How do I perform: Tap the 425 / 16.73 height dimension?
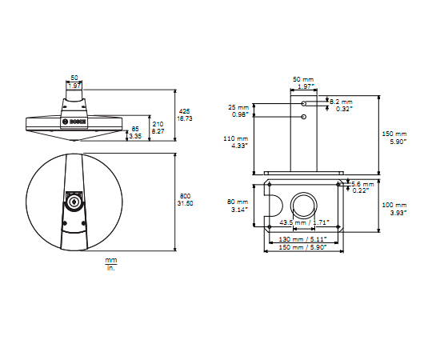pos(184,114)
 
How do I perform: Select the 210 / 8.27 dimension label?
pos(158,127)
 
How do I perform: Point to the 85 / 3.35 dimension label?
pos(135,133)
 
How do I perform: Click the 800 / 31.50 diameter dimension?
pos(185,200)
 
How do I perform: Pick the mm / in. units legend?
pos(110,264)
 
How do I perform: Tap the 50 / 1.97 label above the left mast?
pos(74,82)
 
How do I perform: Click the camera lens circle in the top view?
pos(74,202)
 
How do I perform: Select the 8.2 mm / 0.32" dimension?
pos(341,106)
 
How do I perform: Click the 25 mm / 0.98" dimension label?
pos(238,110)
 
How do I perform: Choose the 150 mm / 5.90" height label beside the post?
pos(394,137)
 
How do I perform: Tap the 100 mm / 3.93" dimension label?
pos(394,209)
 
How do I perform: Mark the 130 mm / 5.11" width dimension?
pos(303,238)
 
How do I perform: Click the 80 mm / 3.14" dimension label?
pos(238,206)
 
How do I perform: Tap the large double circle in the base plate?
pos(303,205)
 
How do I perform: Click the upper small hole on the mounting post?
pos(303,104)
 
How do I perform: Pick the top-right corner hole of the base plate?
pos(340,186)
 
